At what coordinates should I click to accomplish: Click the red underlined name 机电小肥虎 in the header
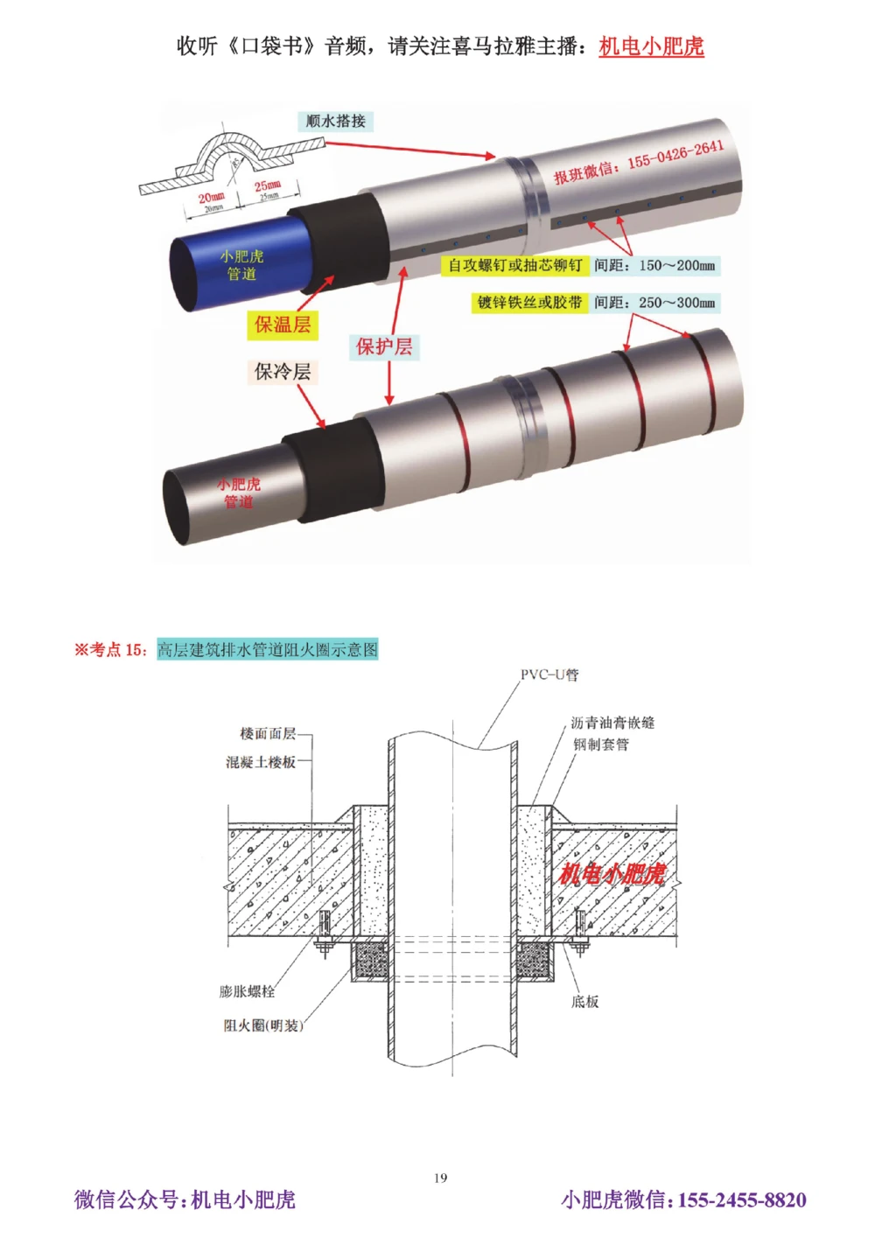coord(651,46)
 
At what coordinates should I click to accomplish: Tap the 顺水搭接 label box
coord(336,122)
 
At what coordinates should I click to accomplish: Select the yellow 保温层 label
coord(282,325)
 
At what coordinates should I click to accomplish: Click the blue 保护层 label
coord(383,346)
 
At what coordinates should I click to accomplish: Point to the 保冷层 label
coord(282,372)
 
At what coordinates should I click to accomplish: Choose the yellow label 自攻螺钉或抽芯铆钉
coord(514,265)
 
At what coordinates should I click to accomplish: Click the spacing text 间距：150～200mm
coord(654,265)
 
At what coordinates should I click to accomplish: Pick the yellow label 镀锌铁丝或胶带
coord(529,303)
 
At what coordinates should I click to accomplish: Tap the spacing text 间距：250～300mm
coord(654,303)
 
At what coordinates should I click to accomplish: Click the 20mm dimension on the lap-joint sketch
coord(211,198)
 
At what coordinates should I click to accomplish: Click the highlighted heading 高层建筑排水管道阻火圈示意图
coord(268,649)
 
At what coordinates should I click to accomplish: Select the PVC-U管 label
coord(549,675)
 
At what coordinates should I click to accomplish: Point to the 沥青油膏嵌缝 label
coord(612,723)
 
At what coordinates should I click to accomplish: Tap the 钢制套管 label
coord(601,745)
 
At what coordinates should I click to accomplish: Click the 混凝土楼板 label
coord(261,762)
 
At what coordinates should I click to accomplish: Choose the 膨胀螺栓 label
coord(247,991)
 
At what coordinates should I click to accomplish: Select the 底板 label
coord(585,1002)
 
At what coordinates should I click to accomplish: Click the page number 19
coord(440,1178)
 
